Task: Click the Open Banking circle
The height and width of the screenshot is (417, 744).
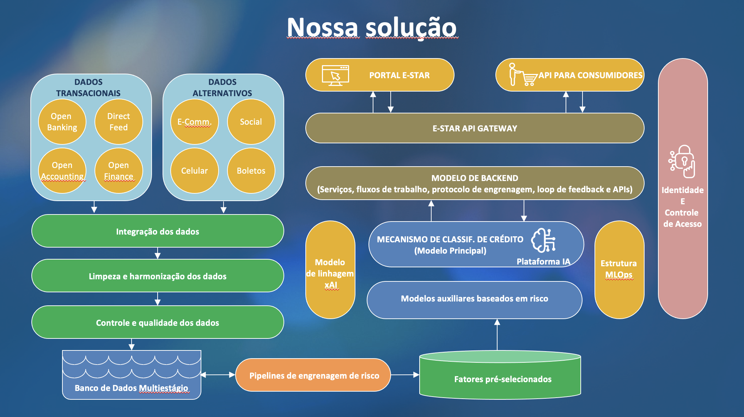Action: click(x=62, y=122)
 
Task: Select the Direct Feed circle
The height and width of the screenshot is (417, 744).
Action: click(x=118, y=122)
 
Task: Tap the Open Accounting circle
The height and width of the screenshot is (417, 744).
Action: click(x=62, y=171)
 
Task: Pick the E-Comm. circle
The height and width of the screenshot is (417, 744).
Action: click(x=194, y=122)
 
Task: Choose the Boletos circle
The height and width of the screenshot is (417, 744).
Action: click(x=251, y=171)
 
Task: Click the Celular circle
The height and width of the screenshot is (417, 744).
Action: click(x=194, y=171)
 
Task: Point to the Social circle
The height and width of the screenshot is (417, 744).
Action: click(x=251, y=122)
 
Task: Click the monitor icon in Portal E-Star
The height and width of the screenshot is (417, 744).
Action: click(x=335, y=75)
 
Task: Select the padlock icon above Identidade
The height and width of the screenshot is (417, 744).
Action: click(x=683, y=162)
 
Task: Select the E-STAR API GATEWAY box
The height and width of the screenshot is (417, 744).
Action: click(x=475, y=128)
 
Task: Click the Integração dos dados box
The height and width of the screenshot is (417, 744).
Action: click(x=158, y=231)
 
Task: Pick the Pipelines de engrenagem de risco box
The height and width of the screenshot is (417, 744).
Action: click(x=313, y=375)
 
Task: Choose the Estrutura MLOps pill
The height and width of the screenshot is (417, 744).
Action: click(x=619, y=269)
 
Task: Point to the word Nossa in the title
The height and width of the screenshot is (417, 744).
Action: click(x=323, y=27)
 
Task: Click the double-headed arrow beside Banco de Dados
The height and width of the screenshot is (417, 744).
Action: click(x=218, y=375)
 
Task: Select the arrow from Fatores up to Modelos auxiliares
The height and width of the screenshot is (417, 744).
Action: click(x=497, y=335)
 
